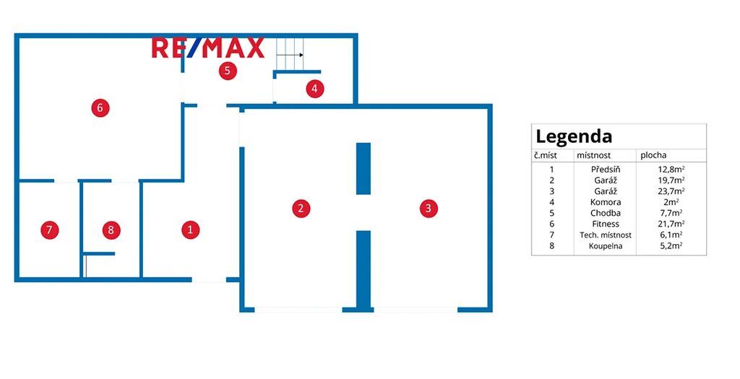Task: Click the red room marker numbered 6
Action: click(100, 108)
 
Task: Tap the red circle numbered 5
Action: click(228, 71)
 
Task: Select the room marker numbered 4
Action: click(315, 89)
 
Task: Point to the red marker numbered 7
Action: click(50, 230)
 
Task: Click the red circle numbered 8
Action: click(111, 230)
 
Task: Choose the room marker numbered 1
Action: click(191, 230)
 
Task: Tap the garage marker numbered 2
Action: click(301, 209)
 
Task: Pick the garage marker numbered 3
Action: click(429, 209)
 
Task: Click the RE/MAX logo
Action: click(207, 48)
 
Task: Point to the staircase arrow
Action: click(290, 55)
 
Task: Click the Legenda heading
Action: click(574, 137)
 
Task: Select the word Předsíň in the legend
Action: click(606, 169)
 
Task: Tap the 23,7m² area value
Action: click(666, 191)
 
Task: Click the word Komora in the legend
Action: click(606, 202)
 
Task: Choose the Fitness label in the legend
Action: click(606, 224)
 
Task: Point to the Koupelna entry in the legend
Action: click(606, 246)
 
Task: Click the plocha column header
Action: click(653, 155)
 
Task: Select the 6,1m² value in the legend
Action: click(666, 235)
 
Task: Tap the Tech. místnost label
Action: click(606, 235)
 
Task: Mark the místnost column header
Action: click(594, 155)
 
